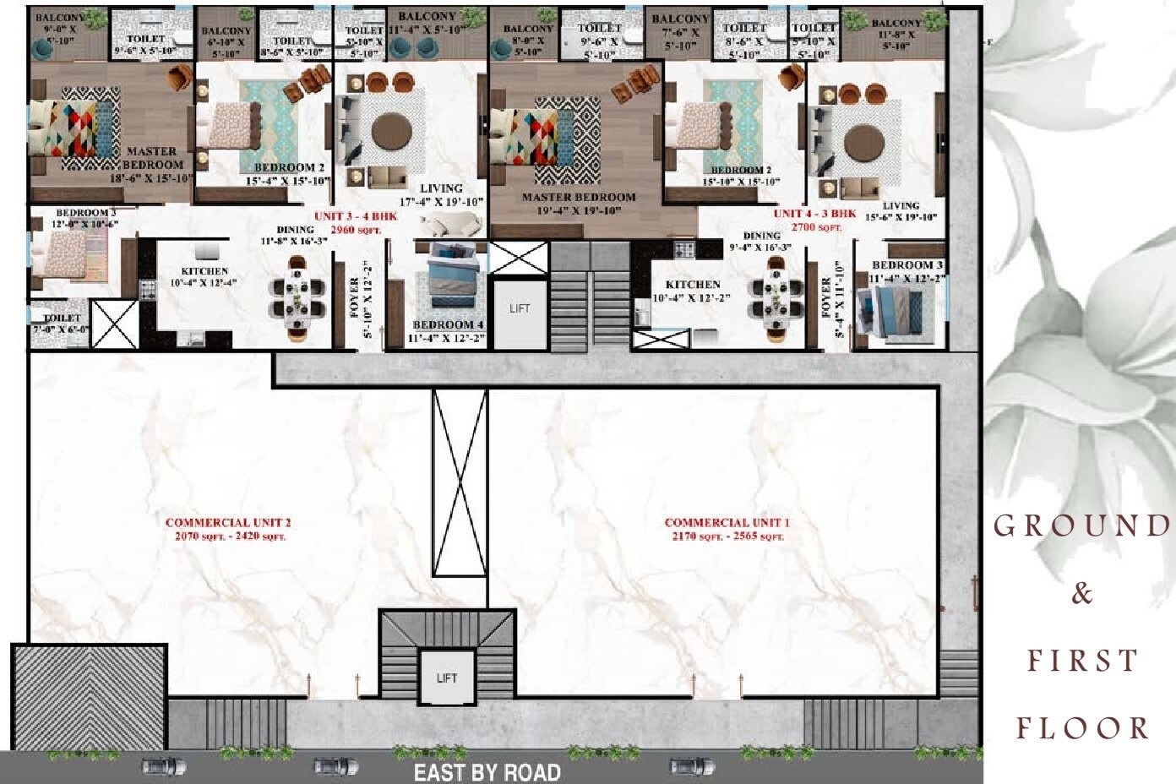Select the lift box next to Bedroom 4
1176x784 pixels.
520,309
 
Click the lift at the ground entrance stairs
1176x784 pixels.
447,677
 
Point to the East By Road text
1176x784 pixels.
487,771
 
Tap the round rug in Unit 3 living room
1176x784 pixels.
391,133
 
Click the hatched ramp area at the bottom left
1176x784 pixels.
89,698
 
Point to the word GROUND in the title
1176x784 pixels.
1081,526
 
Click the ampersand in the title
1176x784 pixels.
1081,594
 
